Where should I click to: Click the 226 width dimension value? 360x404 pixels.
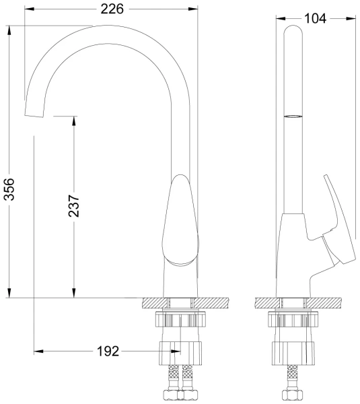(112, 9)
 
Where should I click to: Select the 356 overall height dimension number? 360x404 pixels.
(9, 189)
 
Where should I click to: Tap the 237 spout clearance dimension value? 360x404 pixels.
(74, 206)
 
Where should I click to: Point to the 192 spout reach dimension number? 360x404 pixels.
(108, 351)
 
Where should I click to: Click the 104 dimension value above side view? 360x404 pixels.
(315, 19)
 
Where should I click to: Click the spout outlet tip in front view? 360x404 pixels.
(34, 116)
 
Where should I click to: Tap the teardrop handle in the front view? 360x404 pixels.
(181, 220)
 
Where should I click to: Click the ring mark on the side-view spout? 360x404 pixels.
(293, 116)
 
